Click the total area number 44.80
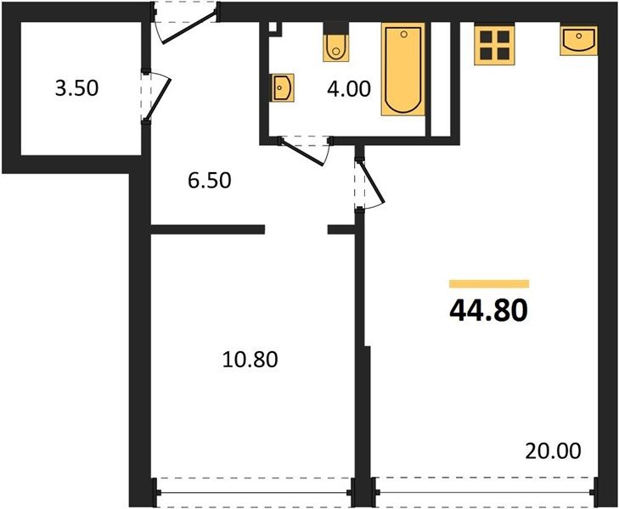tap(488, 310)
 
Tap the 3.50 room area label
tap(76, 88)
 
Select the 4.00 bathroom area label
tap(349, 88)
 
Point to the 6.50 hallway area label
tap(209, 181)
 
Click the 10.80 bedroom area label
tap(250, 359)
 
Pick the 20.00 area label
tap(553, 450)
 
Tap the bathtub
tap(403, 70)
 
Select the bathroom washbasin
tap(283, 87)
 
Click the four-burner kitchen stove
tap(495, 44)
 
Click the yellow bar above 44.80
tap(489, 284)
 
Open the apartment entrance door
tap(186, 23)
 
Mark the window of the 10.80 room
tap(253, 492)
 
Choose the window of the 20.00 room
tap(485, 492)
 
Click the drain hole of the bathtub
tap(403, 35)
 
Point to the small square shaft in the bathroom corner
tap(273, 28)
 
